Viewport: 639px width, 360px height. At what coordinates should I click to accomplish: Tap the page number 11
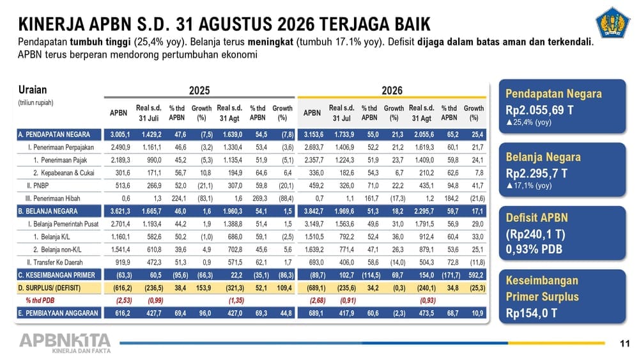pos(625,343)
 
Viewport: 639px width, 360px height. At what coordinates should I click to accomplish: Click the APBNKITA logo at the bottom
pos(65,343)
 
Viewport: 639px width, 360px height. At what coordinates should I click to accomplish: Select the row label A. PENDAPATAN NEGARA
pos(54,134)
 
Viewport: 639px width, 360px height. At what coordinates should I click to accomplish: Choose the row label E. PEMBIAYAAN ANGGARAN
pos(58,313)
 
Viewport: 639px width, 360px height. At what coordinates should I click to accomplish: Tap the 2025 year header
pos(199,90)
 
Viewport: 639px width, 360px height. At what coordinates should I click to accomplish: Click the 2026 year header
pos(392,90)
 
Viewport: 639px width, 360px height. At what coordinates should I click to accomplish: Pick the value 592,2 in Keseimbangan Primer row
pos(476,275)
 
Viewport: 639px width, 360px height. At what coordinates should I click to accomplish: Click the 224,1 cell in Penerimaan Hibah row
pos(179,199)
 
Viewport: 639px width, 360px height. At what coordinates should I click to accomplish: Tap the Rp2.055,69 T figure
pos(539,110)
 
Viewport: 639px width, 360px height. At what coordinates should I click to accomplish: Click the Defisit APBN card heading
pos(537,217)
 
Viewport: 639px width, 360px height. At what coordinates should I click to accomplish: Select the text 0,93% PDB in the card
pos(534,249)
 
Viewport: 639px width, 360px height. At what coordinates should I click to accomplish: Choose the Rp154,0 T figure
pos(532,313)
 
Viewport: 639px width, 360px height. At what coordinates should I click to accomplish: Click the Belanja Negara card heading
pos(543,157)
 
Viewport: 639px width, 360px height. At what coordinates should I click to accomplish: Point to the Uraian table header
pos(33,90)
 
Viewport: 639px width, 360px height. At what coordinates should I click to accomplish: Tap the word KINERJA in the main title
pos(51,24)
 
